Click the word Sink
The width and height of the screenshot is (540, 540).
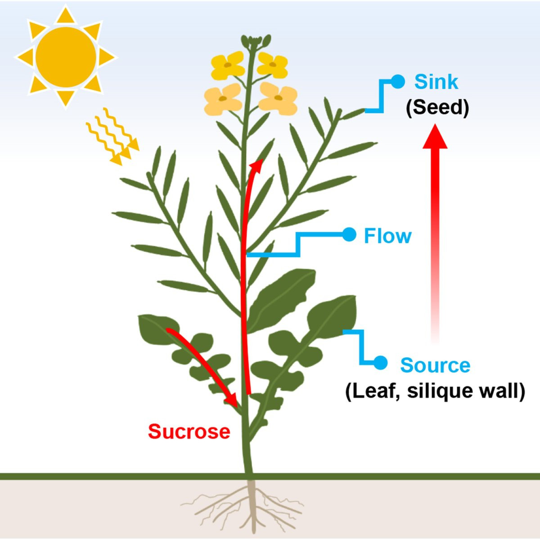click(x=436, y=82)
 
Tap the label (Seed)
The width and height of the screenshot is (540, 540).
click(x=437, y=108)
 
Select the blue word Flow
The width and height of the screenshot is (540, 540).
click(x=387, y=236)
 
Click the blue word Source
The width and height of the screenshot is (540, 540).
click(x=435, y=364)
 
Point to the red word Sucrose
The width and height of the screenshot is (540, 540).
click(x=189, y=432)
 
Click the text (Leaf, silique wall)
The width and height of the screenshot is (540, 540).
click(x=435, y=391)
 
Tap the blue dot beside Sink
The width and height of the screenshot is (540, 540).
click(x=398, y=81)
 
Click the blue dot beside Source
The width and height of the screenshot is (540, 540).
click(x=380, y=363)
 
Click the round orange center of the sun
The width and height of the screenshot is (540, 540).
click(x=66, y=57)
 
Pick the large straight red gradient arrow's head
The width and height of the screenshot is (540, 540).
click(x=435, y=136)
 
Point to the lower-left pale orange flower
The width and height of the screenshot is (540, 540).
click(x=223, y=99)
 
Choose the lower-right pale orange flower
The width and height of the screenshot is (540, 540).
click(x=278, y=99)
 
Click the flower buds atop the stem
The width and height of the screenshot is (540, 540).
click(x=256, y=41)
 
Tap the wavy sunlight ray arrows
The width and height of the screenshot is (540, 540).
click(x=112, y=136)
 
